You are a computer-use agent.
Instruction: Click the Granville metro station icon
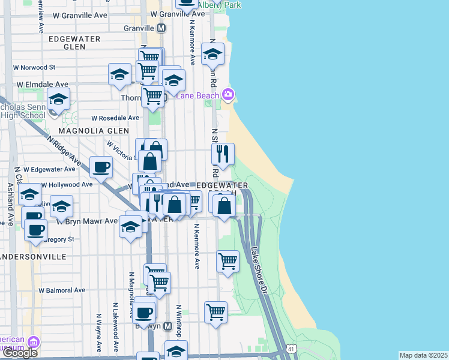coord(161,28)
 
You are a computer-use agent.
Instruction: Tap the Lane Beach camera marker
coord(228,94)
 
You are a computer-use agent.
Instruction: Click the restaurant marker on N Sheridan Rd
coord(223,154)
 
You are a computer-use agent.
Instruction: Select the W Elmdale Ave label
coord(42,85)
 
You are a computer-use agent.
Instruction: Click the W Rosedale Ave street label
coord(115,118)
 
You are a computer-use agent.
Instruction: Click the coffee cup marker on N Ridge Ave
coord(101,167)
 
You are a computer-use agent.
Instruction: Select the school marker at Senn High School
coord(59,99)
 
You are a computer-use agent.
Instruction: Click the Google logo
coord(20,353)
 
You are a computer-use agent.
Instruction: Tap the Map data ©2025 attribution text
coord(423,355)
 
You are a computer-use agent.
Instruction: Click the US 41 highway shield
coord(291,348)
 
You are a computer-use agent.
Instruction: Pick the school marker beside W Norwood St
coord(119,74)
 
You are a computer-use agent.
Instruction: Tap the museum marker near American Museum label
coord(34,343)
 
